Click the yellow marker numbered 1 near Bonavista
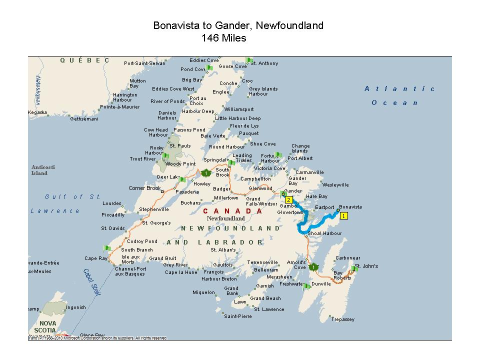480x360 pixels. click(343, 216)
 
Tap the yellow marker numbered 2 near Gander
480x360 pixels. click(288, 199)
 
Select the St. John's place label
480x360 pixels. click(366, 266)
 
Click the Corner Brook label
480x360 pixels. click(145, 188)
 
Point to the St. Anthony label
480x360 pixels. click(264, 63)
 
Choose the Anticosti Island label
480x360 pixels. click(39, 170)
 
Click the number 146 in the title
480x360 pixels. click(210, 38)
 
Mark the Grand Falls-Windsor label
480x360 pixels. click(261, 201)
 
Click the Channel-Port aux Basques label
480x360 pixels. click(130, 271)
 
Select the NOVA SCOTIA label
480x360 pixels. click(49, 327)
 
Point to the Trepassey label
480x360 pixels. click(342, 319)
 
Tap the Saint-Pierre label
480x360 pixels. click(238, 316)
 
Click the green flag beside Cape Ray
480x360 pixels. click(106, 248)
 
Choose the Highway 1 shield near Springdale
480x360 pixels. click(206, 173)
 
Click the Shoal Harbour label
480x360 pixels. click(325, 233)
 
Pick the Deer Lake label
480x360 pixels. click(167, 176)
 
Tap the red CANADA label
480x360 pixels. click(232, 211)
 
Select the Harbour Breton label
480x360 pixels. click(219, 278)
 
